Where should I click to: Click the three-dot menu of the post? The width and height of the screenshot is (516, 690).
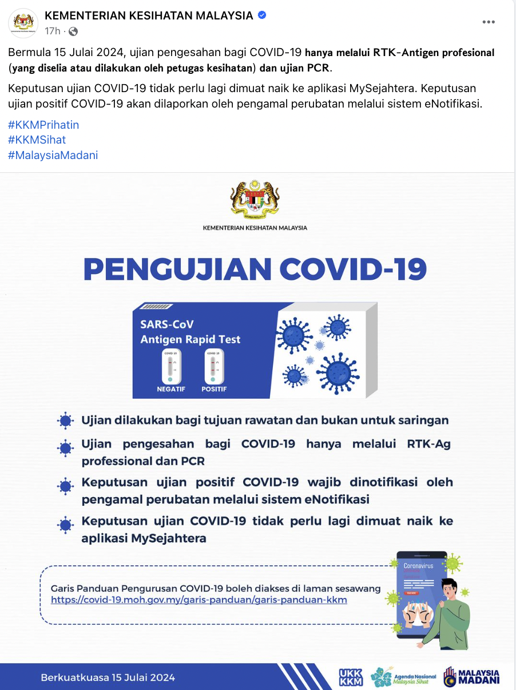tap(488, 22)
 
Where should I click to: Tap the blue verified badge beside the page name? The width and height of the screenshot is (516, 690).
tap(262, 15)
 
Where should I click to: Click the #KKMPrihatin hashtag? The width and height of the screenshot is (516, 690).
tap(43, 125)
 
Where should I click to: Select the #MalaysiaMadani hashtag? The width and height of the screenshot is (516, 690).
tap(53, 155)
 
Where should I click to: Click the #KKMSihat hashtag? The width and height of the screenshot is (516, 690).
tap(37, 140)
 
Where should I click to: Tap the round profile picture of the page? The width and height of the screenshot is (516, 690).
tap(23, 22)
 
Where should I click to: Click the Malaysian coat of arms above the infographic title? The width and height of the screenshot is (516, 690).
tap(255, 200)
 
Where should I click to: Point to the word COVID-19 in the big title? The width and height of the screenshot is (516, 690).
tap(353, 269)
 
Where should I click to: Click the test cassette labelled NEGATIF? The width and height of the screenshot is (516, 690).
tap(171, 366)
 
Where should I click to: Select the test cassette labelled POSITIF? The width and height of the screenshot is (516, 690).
tap(214, 366)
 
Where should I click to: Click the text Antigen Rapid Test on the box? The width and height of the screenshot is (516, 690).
tap(190, 339)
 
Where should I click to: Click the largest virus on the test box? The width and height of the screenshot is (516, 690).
tap(337, 373)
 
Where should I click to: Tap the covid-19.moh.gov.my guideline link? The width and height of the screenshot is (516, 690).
tap(199, 600)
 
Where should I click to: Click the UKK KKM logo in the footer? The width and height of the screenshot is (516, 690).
tap(351, 677)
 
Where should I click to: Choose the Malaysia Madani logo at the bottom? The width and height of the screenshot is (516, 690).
tap(472, 677)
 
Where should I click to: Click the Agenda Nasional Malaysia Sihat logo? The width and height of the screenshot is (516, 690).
tap(403, 677)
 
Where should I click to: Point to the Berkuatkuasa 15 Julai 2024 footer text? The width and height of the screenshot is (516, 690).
tap(108, 678)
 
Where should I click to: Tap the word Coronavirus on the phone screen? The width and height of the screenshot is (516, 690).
tap(418, 565)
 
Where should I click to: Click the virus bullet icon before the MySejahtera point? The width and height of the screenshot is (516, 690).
tap(66, 524)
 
